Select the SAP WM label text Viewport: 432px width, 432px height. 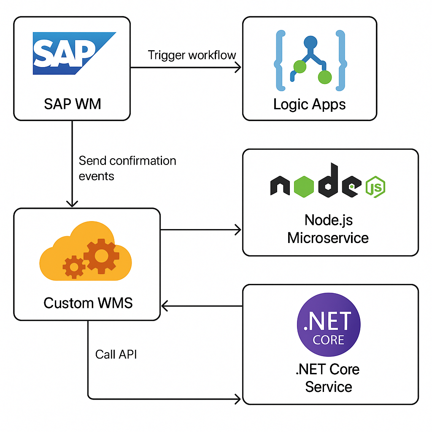pos(73,103)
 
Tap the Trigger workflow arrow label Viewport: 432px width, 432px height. pos(192,55)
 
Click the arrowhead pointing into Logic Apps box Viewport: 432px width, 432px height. pos(238,67)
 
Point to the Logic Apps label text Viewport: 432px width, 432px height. pos(309,104)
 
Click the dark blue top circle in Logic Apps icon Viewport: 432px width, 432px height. pos(310,43)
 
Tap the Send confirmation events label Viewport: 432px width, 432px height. pos(127,168)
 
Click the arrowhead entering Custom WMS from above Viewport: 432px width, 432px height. pos(73,204)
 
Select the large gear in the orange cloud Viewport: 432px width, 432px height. pos(101,255)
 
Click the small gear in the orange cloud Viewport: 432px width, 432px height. pos(74,267)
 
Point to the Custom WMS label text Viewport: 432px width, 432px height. pos(88,302)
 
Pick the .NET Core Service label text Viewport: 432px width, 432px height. pos(328,378)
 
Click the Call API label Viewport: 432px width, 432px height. pos(116,354)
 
